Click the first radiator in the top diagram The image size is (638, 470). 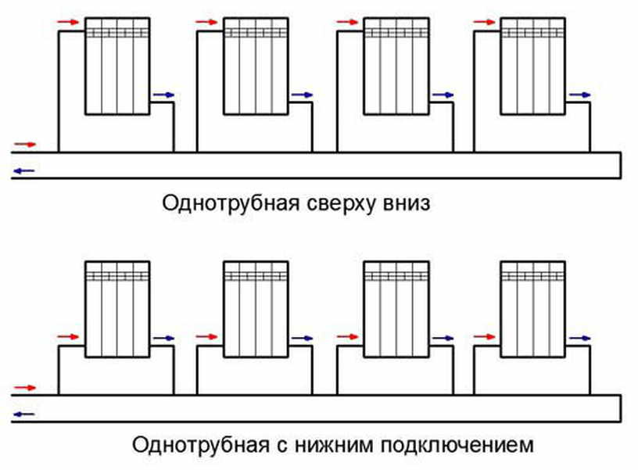(116, 66)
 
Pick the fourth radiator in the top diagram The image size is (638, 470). (532, 66)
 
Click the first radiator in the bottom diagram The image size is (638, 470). (116, 309)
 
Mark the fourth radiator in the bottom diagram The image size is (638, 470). (532, 309)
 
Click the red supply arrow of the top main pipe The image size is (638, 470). (26, 145)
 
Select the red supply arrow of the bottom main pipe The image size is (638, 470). (26, 387)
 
